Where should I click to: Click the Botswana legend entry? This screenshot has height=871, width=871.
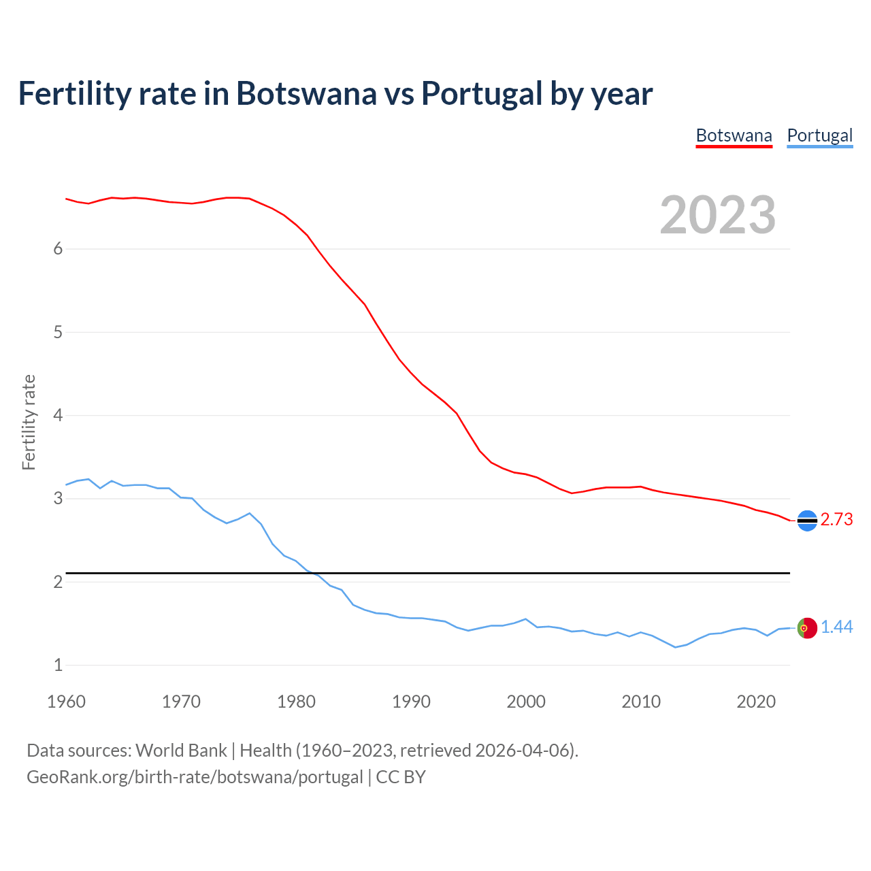734,135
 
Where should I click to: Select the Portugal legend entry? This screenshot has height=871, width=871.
819,135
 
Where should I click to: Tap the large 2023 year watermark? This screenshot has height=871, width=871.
717,215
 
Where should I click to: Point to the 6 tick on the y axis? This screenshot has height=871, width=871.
58,249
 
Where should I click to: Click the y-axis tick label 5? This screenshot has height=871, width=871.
58,333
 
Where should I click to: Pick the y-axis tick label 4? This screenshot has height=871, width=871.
58,416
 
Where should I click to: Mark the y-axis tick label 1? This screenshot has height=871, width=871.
58,665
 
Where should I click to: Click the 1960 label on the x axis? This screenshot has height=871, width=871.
66,702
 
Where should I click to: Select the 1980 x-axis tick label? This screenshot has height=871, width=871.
296,702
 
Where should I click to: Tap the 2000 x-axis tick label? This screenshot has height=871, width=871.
526,702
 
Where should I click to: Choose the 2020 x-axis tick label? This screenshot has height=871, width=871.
756,702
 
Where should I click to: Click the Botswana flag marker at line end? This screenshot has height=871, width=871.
807,521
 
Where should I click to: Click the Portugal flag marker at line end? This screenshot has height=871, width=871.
807,628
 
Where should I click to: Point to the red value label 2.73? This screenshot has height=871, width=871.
836,520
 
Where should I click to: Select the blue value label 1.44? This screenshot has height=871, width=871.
836,627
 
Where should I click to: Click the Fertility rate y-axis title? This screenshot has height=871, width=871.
29,422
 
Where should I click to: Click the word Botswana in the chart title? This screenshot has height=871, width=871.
306,94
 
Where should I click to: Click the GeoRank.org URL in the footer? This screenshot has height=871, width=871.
195,777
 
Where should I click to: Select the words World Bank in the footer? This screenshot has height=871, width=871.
181,751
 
